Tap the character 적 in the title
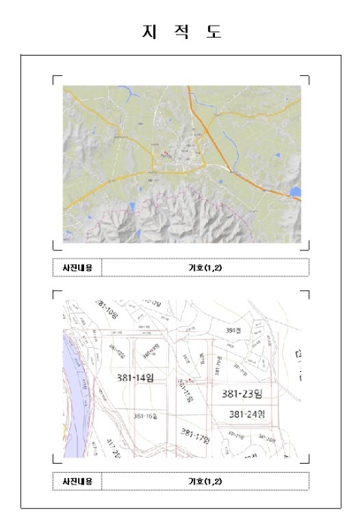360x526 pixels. tap(181, 32)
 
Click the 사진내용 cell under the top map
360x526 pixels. tap(77, 268)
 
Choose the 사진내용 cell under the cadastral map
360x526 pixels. tap(77, 481)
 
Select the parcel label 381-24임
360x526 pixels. tap(247, 414)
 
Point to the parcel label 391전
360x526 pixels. tap(233, 330)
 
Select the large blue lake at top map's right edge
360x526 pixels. tap(295, 192)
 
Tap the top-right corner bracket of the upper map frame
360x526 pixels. tap(306, 77)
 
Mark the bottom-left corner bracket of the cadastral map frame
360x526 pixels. tap(56, 458)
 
